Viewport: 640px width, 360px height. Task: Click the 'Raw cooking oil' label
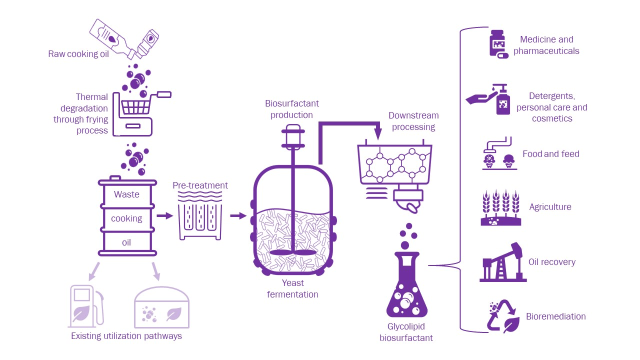78,54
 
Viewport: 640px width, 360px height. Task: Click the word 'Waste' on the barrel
126,194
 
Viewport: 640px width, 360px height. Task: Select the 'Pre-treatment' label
200,185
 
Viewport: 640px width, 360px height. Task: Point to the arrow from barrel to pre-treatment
164,216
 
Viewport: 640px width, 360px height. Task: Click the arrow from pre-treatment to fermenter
238,216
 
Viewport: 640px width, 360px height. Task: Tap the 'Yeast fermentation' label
292,289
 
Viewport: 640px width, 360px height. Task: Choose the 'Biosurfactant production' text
292,109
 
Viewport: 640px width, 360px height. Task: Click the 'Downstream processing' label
413,121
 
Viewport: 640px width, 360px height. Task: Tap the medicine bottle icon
498,44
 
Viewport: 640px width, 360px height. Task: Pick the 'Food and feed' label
550,154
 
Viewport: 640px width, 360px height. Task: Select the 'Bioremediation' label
555,316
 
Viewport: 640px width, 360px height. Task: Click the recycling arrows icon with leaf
502,317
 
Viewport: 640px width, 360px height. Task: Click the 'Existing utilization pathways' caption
126,336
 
